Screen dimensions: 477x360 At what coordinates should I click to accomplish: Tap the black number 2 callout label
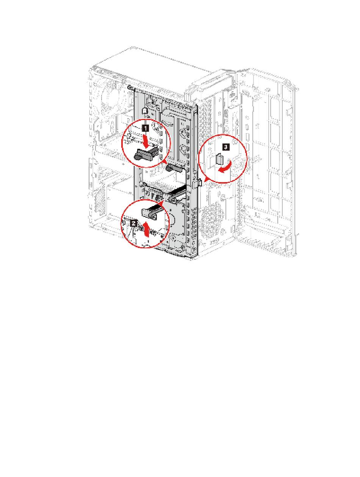(133, 224)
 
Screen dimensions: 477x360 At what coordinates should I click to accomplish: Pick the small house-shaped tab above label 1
(144, 111)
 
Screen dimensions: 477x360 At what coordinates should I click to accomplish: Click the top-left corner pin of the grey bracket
(130, 87)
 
